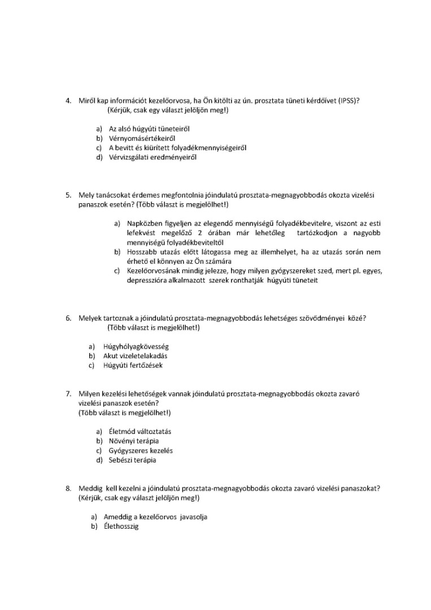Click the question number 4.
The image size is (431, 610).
tap(68, 101)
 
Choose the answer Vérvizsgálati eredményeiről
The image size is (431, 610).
tap(149, 158)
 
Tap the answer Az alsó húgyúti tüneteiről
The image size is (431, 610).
tap(149, 129)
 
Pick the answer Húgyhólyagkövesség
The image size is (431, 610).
tap(136, 346)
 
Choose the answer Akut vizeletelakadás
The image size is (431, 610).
tap(135, 356)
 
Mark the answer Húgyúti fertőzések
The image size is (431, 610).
tap(133, 365)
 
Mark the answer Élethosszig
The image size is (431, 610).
tap(121, 527)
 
